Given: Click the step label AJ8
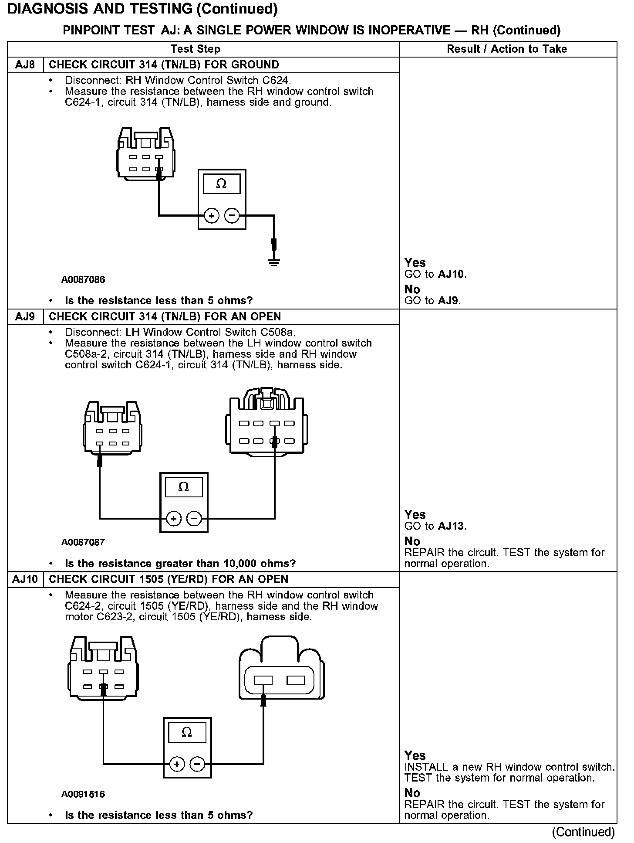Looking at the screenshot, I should pyautogui.click(x=25, y=65).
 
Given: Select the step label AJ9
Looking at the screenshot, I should pyautogui.click(x=25, y=316).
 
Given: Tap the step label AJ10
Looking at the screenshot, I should pyautogui.click(x=25, y=579).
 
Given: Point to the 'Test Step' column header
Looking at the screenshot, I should pyautogui.click(x=195, y=49).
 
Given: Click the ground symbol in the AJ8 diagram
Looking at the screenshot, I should pyautogui.click(x=274, y=262).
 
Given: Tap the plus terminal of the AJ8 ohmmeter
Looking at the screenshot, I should pyautogui.click(x=212, y=215).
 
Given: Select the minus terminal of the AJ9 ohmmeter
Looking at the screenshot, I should pyautogui.click(x=194, y=518).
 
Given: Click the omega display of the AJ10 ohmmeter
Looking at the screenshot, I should pyautogui.click(x=187, y=733).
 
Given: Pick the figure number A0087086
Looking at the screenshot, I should pyautogui.click(x=83, y=280).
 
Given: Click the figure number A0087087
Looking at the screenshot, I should pyautogui.click(x=83, y=542).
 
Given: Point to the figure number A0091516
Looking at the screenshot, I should pyautogui.click(x=83, y=794).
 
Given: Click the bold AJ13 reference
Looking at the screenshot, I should pyautogui.click(x=451, y=526).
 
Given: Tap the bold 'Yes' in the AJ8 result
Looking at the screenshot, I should pyautogui.click(x=415, y=262).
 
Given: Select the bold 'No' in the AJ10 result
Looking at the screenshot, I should pyautogui.click(x=412, y=793).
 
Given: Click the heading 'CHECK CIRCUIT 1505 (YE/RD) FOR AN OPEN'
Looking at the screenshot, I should pyautogui.click(x=169, y=579).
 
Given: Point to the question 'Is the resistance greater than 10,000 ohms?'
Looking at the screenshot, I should pyautogui.click(x=180, y=564).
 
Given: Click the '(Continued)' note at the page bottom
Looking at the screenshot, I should pyautogui.click(x=583, y=832).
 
